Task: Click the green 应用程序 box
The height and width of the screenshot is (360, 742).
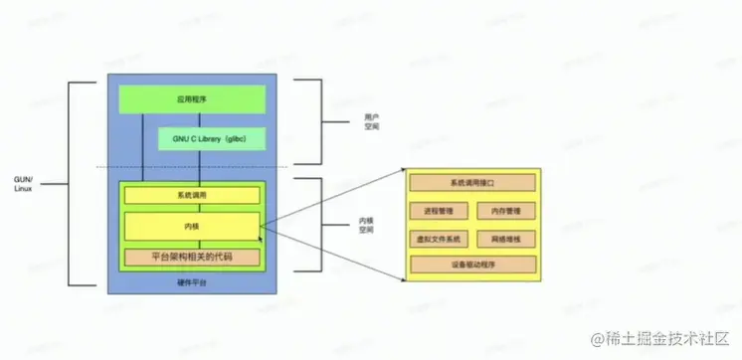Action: [192, 99]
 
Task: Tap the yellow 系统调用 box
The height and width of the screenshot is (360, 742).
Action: [192, 195]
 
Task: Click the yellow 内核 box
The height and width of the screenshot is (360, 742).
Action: [192, 226]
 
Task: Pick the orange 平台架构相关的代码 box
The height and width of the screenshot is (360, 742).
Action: [192, 258]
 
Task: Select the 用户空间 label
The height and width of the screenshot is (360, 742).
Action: [371, 122]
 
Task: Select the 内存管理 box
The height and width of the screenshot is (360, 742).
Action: [506, 211]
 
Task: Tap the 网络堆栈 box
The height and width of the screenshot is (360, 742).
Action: [506, 239]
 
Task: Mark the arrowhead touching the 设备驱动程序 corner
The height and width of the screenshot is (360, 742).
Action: [404, 274]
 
